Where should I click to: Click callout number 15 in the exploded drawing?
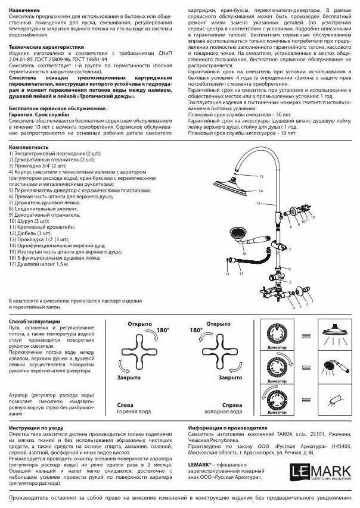click(258, 203)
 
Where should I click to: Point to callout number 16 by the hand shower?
click(245, 253)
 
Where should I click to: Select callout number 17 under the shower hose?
click(241, 273)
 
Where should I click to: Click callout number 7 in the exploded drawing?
click(290, 250)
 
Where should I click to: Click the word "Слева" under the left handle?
click(125, 404)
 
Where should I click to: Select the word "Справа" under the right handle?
click(232, 404)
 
